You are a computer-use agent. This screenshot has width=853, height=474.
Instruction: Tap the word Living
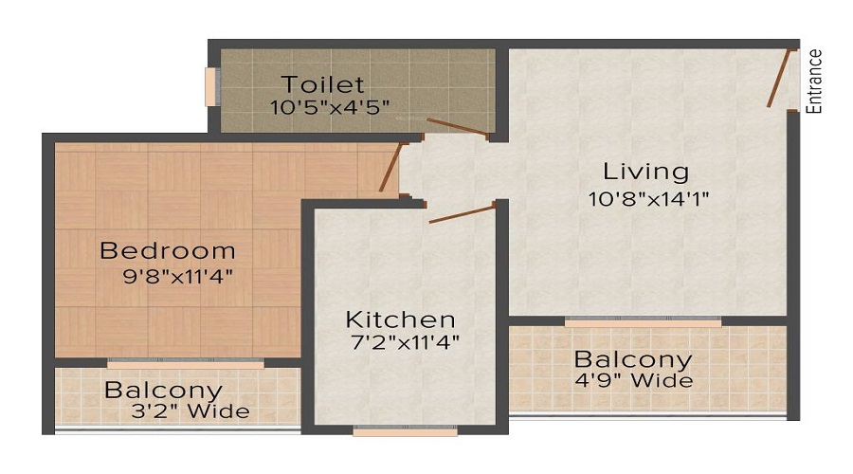point(646,172)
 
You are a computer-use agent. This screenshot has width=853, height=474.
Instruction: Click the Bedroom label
point(168,251)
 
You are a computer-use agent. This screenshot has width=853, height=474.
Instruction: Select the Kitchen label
point(400,319)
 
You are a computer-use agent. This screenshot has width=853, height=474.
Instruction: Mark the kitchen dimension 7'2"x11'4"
point(405,342)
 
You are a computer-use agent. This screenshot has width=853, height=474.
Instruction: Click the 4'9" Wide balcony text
point(635,381)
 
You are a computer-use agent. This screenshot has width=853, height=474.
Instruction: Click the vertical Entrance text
point(815,81)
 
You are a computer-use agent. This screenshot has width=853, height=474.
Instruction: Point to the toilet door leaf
point(458,129)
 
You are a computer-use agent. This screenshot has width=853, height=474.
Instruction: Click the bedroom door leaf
point(390,168)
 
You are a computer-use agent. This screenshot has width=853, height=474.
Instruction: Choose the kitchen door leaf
point(463,212)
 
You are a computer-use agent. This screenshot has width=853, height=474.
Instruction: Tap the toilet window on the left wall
point(212,86)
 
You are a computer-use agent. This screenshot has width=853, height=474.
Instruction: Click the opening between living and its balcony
point(643,322)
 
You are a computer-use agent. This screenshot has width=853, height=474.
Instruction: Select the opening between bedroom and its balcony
point(186,362)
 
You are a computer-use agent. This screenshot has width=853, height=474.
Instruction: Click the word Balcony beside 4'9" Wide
point(633,360)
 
